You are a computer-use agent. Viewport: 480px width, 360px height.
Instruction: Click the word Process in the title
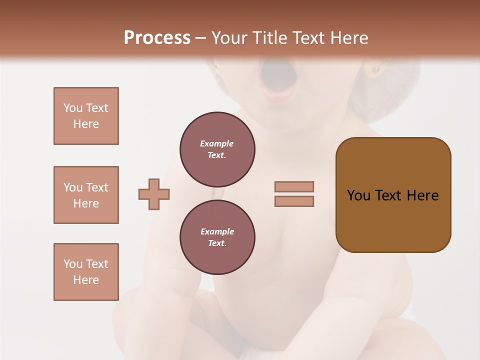[157, 38]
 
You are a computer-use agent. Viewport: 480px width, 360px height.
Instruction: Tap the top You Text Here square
[86, 116]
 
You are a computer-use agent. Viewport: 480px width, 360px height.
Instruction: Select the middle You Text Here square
[86, 195]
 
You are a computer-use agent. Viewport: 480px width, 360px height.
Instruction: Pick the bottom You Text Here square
[86, 272]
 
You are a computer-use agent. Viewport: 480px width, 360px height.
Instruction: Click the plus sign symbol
[154, 194]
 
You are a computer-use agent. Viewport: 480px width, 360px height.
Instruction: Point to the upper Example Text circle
[217, 149]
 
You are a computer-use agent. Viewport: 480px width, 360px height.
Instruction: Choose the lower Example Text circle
[217, 237]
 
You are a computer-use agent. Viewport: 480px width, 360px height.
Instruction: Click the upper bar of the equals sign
[294, 186]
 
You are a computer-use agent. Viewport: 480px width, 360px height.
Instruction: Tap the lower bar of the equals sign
[294, 201]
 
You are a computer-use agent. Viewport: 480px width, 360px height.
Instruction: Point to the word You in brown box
[358, 195]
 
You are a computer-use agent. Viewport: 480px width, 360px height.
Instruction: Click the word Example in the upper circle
[216, 143]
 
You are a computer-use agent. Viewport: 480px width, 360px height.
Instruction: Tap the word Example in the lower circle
[217, 231]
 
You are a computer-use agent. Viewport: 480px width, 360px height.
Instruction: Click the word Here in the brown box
[422, 195]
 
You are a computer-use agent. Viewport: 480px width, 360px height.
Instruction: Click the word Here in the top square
[86, 124]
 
